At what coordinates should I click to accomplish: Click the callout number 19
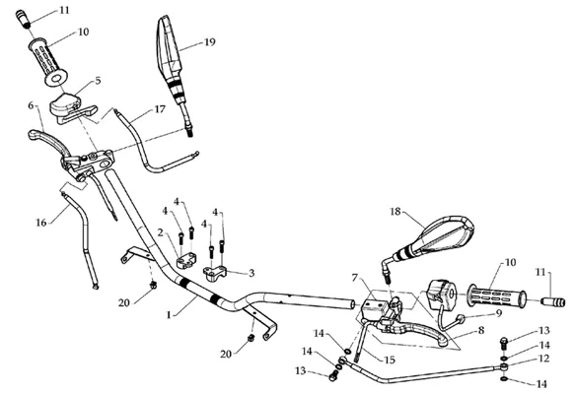coord(210,42)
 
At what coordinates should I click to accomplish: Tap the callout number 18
coord(395,211)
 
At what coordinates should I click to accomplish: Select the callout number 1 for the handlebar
coord(169,314)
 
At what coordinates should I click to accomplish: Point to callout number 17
coord(160,109)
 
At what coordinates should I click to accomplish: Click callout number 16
coord(41,223)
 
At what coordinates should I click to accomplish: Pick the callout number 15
coord(390,360)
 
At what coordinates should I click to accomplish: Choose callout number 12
coord(544,359)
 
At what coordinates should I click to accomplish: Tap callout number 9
coord(498,313)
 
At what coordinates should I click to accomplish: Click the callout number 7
coord(355,278)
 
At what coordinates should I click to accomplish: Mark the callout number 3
coord(252,273)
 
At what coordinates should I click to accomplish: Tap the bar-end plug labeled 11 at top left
coord(23,19)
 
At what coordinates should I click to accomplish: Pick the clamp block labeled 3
coord(215,273)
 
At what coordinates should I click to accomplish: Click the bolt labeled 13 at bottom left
coord(333,375)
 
